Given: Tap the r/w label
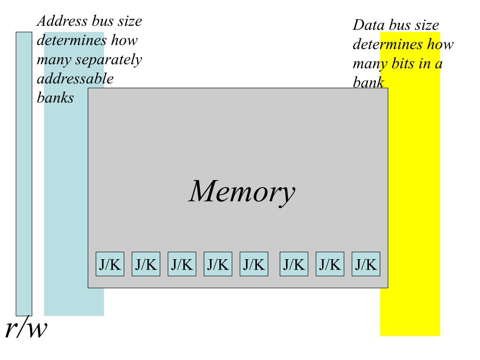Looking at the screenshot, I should click(26, 329).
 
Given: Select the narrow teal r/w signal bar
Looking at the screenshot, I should click(24, 173).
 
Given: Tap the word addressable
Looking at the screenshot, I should click(75, 79).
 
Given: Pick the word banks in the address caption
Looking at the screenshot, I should click(55, 98).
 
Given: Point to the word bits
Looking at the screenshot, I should click(404, 63).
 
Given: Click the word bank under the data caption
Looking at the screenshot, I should click(368, 83).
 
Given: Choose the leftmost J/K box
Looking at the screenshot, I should click(110, 264).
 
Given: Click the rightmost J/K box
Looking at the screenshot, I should click(366, 264).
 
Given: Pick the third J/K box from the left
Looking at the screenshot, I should click(182, 264).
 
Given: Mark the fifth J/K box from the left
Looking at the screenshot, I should click(254, 264).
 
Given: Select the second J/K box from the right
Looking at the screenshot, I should click(330, 264).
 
